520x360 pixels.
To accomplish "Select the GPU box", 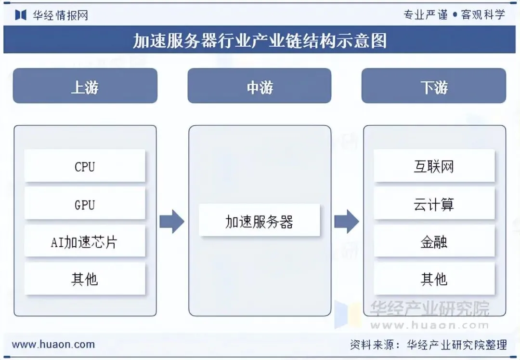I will [85, 204].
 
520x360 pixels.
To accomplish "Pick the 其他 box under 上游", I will [85, 279].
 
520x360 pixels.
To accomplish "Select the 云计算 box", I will [434, 204].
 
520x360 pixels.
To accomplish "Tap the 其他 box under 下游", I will [434, 279].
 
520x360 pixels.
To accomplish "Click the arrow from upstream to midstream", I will [172, 222].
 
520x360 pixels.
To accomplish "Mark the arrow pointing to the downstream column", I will [347, 222].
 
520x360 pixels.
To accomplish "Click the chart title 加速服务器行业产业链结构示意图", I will [260, 40].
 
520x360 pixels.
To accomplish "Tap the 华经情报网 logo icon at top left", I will [21, 15].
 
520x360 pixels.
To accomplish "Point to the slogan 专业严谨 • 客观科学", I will [454, 14].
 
